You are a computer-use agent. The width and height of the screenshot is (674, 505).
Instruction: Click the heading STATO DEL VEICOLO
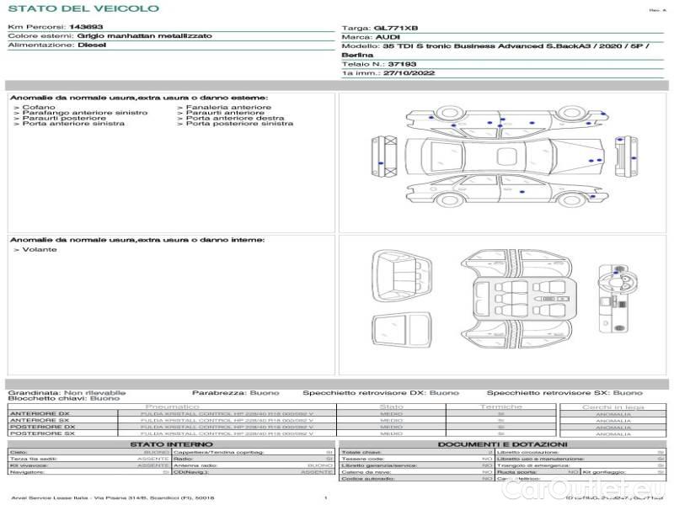click(x=83, y=8)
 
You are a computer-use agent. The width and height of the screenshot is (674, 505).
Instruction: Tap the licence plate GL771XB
click(x=395, y=28)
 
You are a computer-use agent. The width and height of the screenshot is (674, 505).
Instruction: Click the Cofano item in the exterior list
click(x=39, y=108)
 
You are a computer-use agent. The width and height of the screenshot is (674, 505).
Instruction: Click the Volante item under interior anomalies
click(x=40, y=250)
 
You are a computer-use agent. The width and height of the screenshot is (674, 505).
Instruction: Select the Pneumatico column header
click(x=172, y=407)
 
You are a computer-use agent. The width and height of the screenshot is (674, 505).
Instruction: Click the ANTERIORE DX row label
click(x=40, y=413)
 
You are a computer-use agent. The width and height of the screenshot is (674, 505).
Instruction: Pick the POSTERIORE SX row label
click(x=42, y=433)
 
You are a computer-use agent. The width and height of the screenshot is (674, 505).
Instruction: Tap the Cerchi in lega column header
click(x=612, y=407)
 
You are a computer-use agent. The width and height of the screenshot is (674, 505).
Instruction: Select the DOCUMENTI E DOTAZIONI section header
click(x=502, y=444)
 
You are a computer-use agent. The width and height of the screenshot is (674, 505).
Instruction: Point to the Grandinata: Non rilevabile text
click(x=67, y=392)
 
